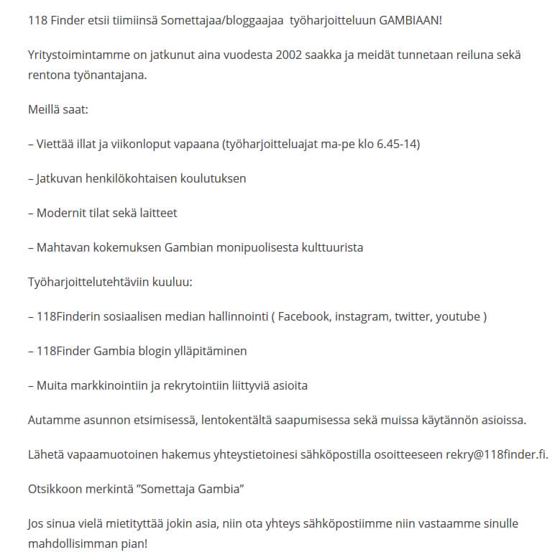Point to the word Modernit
pos(62,213)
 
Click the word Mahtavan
pos(61,247)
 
